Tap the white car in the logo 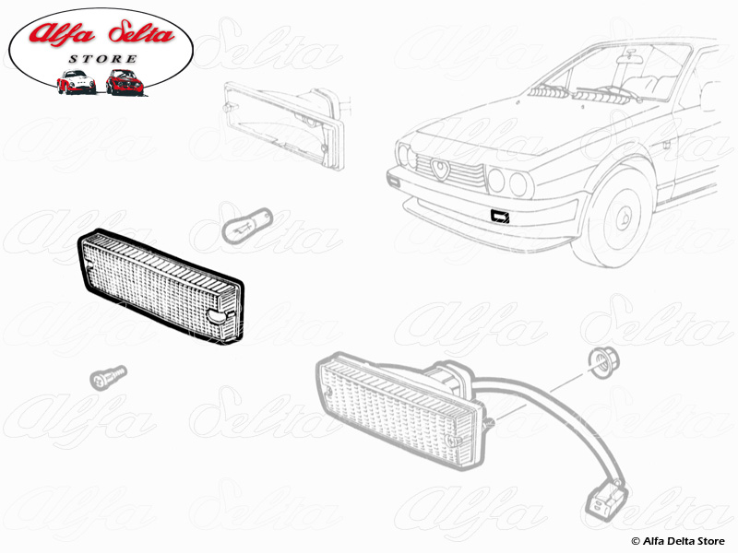(75, 82)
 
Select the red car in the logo (123, 82)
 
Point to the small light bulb (245, 223)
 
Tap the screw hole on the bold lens (216, 319)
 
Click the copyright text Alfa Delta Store (680, 539)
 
